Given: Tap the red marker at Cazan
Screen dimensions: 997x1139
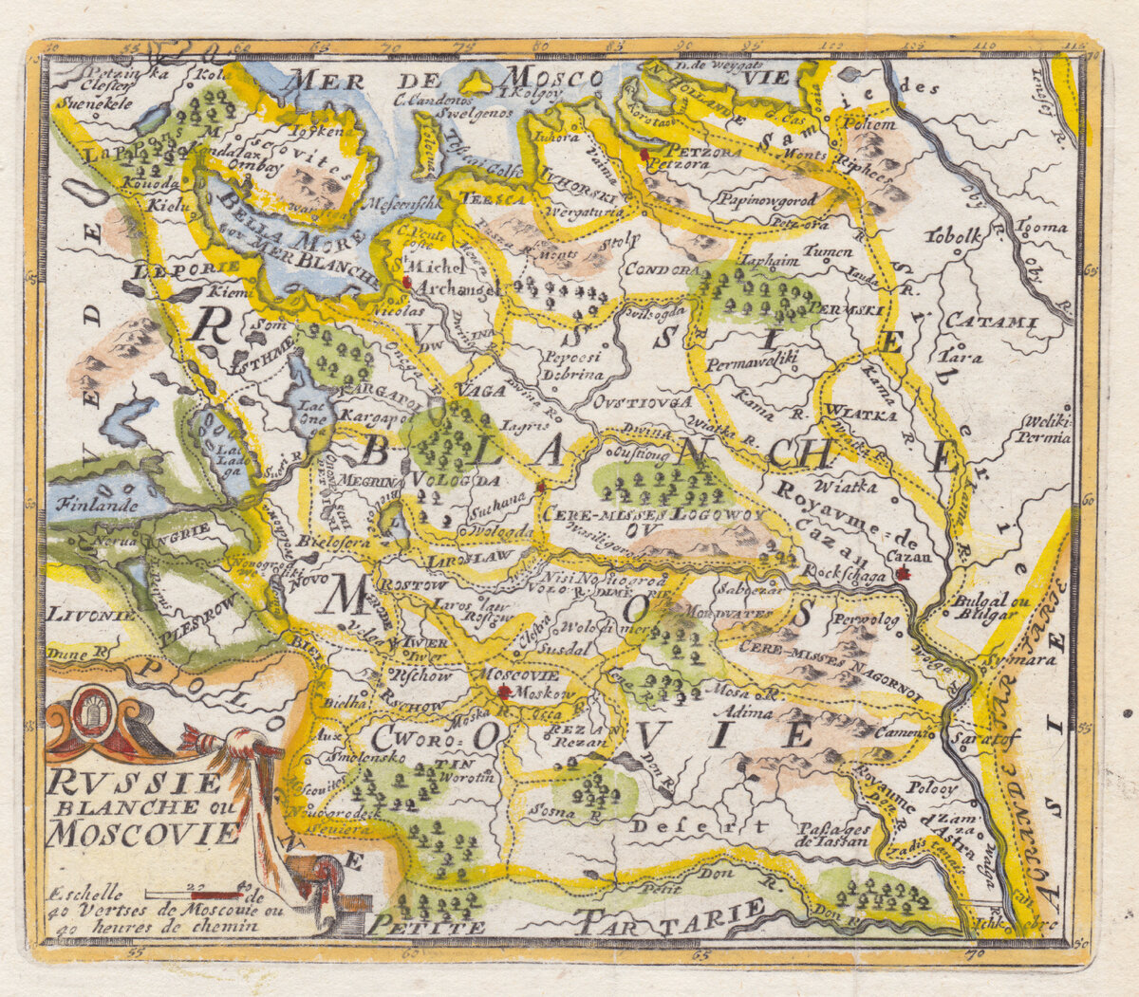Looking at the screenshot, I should click(x=903, y=574).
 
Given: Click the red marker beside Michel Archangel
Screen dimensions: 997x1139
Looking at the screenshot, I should click(x=406, y=282).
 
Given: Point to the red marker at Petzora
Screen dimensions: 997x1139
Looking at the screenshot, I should click(x=644, y=153).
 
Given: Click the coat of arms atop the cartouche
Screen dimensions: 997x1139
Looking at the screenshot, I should click(x=92, y=714).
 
